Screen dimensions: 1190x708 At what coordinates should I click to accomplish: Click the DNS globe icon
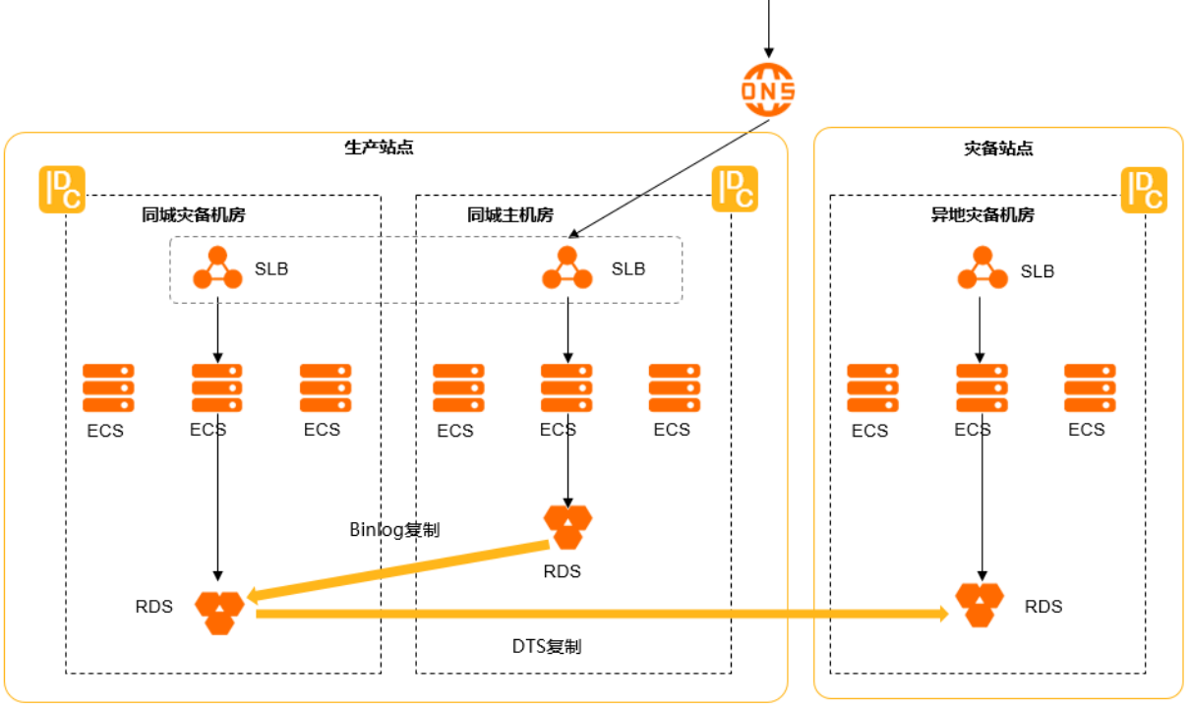click(768, 89)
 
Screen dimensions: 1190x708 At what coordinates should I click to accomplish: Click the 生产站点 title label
click(379, 147)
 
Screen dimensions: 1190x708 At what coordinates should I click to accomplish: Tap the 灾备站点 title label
click(998, 148)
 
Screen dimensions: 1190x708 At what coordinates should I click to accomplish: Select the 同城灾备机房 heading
click(194, 214)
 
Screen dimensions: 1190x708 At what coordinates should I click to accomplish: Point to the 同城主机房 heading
click(510, 214)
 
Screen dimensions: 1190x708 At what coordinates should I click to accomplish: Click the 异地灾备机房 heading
click(982, 214)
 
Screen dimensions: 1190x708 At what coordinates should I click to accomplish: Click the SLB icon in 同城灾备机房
click(217, 267)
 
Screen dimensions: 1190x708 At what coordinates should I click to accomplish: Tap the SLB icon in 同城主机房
click(566, 267)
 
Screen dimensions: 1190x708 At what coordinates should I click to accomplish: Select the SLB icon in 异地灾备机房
click(982, 267)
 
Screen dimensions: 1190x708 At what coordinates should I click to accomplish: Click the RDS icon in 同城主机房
click(567, 527)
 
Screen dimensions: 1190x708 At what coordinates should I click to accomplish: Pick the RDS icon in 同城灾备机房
click(219, 613)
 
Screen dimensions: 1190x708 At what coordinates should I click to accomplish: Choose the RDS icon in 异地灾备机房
click(980, 605)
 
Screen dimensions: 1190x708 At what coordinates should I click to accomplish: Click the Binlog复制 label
click(394, 530)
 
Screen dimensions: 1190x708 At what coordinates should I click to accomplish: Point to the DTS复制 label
click(547, 646)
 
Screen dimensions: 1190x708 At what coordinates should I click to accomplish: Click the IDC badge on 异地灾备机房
click(1144, 190)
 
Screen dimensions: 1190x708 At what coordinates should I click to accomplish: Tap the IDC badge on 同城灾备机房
click(62, 190)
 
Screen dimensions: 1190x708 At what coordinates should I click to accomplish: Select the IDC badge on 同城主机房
click(735, 189)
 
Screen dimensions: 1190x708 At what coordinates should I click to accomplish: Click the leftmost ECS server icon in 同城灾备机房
click(108, 387)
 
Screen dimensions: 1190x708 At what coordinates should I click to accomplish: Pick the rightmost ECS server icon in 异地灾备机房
click(1090, 387)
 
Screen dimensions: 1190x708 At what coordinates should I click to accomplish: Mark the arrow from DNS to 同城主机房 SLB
click(669, 178)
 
